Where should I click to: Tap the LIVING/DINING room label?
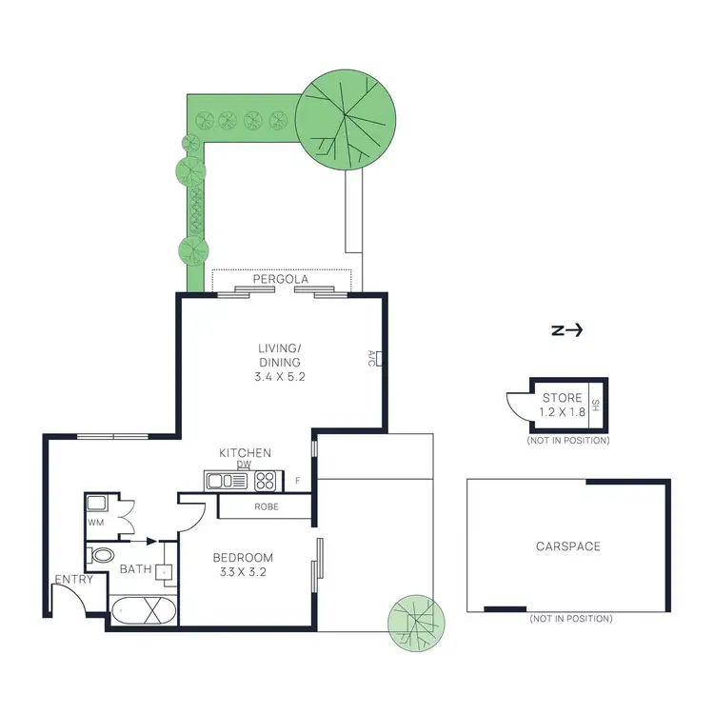tap(279, 356)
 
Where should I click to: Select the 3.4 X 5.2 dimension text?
tap(279, 377)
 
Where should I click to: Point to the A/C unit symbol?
tap(378, 359)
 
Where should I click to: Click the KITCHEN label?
tap(245, 453)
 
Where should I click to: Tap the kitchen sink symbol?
tap(221, 481)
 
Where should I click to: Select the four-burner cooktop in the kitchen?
tap(264, 481)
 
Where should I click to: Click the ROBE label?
tap(266, 506)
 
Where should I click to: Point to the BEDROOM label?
tap(243, 558)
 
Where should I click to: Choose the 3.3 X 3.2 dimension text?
tap(243, 574)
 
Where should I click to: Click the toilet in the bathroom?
tap(101, 555)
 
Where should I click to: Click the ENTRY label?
tap(73, 580)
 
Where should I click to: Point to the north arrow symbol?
tap(567, 331)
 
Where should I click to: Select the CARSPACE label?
tap(568, 546)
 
